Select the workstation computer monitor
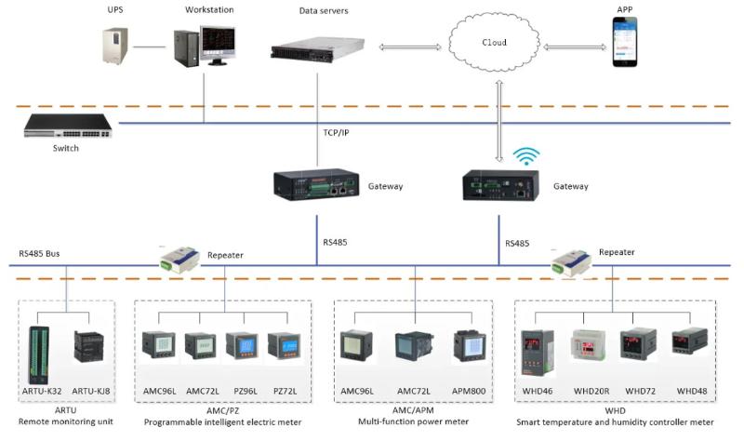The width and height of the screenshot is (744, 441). tap(215, 43)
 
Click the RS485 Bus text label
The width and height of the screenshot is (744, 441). tap(42, 253)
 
